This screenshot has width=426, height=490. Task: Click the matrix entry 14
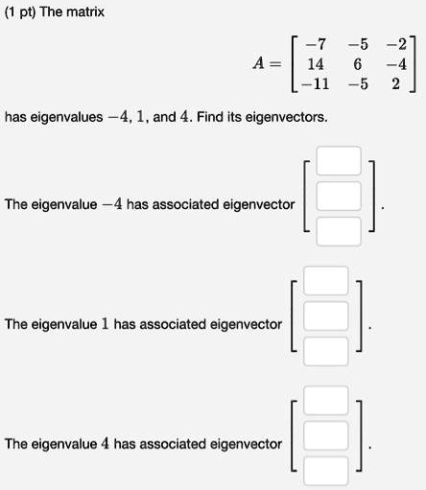(x=316, y=64)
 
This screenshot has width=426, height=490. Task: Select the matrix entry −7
(x=316, y=44)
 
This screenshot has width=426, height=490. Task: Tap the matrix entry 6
(x=358, y=64)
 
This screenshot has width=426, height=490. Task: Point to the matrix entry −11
(x=316, y=84)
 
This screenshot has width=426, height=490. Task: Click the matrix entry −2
(x=396, y=44)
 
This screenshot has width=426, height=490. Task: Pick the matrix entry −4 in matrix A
(x=396, y=64)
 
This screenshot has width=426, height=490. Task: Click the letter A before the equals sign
(x=258, y=63)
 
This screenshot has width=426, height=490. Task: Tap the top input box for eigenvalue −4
(x=339, y=161)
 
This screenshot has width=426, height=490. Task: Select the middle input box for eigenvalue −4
(x=339, y=196)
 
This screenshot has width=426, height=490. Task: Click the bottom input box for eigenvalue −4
(x=339, y=231)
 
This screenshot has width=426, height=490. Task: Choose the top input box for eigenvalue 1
(x=326, y=281)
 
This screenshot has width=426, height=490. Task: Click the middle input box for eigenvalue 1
(x=326, y=315)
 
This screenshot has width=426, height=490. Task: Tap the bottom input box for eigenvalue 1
(x=326, y=351)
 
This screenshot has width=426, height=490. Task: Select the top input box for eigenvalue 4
(x=326, y=401)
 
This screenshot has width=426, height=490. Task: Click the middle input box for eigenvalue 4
(x=326, y=435)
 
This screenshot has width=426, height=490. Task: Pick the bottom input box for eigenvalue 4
(x=326, y=471)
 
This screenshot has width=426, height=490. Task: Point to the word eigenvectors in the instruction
(x=287, y=117)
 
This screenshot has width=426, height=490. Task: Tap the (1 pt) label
(x=20, y=12)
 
